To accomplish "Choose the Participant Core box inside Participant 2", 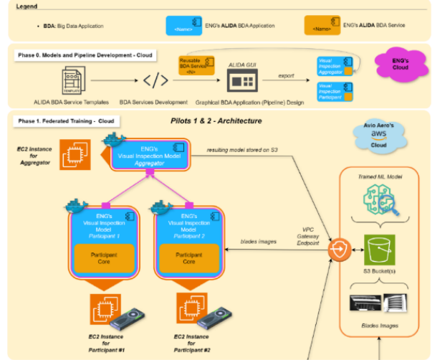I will [x=189, y=257].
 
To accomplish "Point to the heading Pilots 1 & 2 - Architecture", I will [x=216, y=120].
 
